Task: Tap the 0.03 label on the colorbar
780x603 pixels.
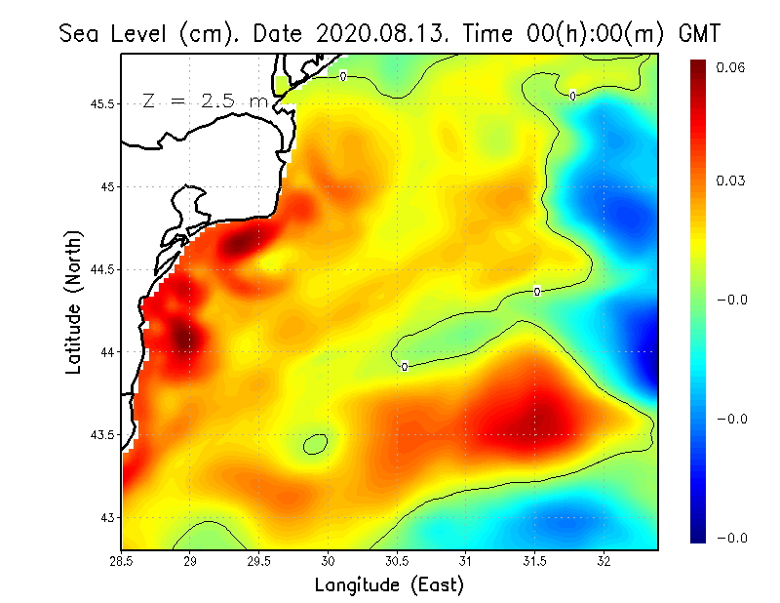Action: [x=731, y=181]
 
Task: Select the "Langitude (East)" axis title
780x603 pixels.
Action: [x=389, y=585]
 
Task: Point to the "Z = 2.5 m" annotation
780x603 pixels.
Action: [x=205, y=100]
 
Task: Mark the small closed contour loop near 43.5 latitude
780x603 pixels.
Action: [x=314, y=444]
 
